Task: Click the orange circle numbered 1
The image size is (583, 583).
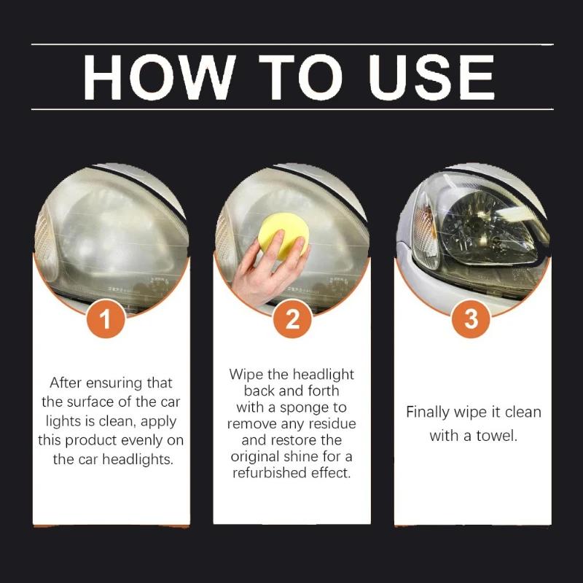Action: click(107, 318)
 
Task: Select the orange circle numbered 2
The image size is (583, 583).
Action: click(292, 318)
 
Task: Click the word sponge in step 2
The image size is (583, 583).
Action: click(321, 407)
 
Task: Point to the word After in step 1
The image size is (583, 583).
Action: click(66, 383)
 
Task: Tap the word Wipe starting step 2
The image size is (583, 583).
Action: click(246, 375)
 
